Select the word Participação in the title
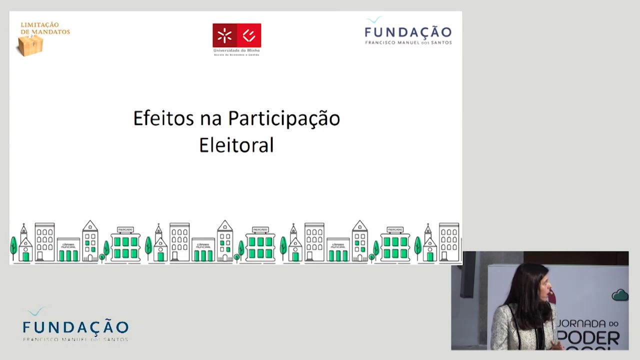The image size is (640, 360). (284, 119)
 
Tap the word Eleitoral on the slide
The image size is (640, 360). (236, 145)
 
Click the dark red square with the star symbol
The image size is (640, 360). (224, 35)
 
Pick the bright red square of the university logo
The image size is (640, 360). (248, 35)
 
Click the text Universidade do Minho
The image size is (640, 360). (236, 50)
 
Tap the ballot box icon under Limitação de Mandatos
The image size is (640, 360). (30, 45)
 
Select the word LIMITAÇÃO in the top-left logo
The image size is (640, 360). (39, 25)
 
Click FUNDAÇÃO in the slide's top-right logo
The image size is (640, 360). (408, 32)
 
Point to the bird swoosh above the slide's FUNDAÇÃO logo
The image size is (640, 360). (374, 20)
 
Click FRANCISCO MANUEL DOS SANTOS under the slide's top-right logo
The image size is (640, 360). (408, 42)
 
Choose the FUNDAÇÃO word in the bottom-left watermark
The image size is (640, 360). (75, 327)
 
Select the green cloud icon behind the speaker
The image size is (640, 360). (620, 295)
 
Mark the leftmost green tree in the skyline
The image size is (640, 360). (13, 247)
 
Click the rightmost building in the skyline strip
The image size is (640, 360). (448, 242)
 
